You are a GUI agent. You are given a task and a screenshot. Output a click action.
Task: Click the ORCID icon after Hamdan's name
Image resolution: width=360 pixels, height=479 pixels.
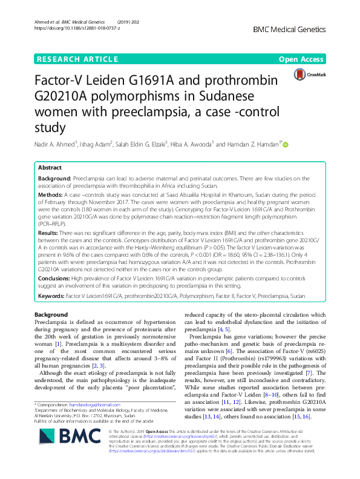(x=286, y=144)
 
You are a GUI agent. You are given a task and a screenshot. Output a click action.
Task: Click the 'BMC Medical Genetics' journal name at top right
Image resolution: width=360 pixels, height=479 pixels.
(x=295, y=29)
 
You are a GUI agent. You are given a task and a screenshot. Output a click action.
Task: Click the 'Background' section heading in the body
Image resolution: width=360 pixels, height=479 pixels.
(x=51, y=315)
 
